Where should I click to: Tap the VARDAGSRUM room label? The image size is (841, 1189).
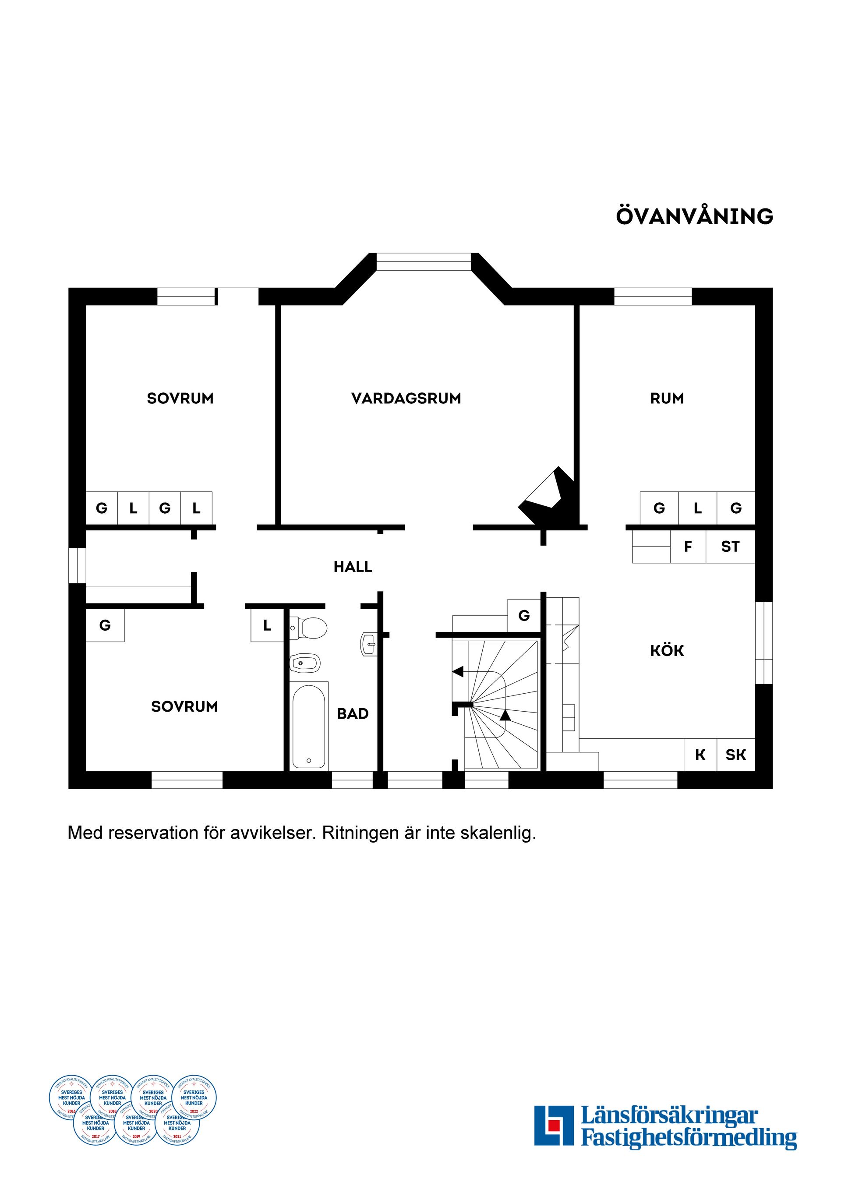(x=406, y=399)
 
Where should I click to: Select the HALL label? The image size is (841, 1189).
(x=353, y=567)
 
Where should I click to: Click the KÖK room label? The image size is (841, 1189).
(x=667, y=651)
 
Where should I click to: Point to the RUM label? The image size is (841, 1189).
(x=667, y=399)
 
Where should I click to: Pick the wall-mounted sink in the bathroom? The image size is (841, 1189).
(x=368, y=645)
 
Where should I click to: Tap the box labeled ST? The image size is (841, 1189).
(x=730, y=547)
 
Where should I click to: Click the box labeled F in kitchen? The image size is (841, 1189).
(x=688, y=547)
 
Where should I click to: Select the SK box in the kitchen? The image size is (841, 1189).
(x=736, y=755)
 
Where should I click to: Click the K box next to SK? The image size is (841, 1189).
(x=700, y=755)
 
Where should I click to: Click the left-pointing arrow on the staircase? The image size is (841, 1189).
(x=458, y=672)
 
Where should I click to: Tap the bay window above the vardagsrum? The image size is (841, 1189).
(x=423, y=261)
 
